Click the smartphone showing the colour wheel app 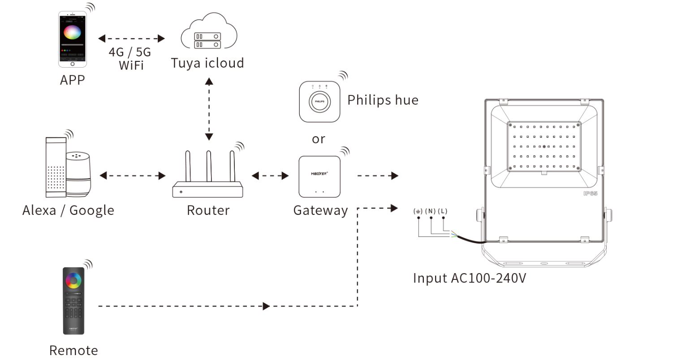[72, 39]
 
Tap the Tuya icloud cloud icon [209, 32]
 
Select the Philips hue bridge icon [319, 101]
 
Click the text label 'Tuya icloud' [207, 63]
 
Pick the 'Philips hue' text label [383, 100]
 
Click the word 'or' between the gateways [319, 139]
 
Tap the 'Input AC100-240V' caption [469, 278]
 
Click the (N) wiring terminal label [431, 211]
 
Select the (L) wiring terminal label [443, 211]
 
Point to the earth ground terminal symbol [418, 211]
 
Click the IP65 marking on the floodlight [590, 193]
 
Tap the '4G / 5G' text [130, 52]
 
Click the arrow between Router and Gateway [270, 176]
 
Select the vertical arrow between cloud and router [209, 109]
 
